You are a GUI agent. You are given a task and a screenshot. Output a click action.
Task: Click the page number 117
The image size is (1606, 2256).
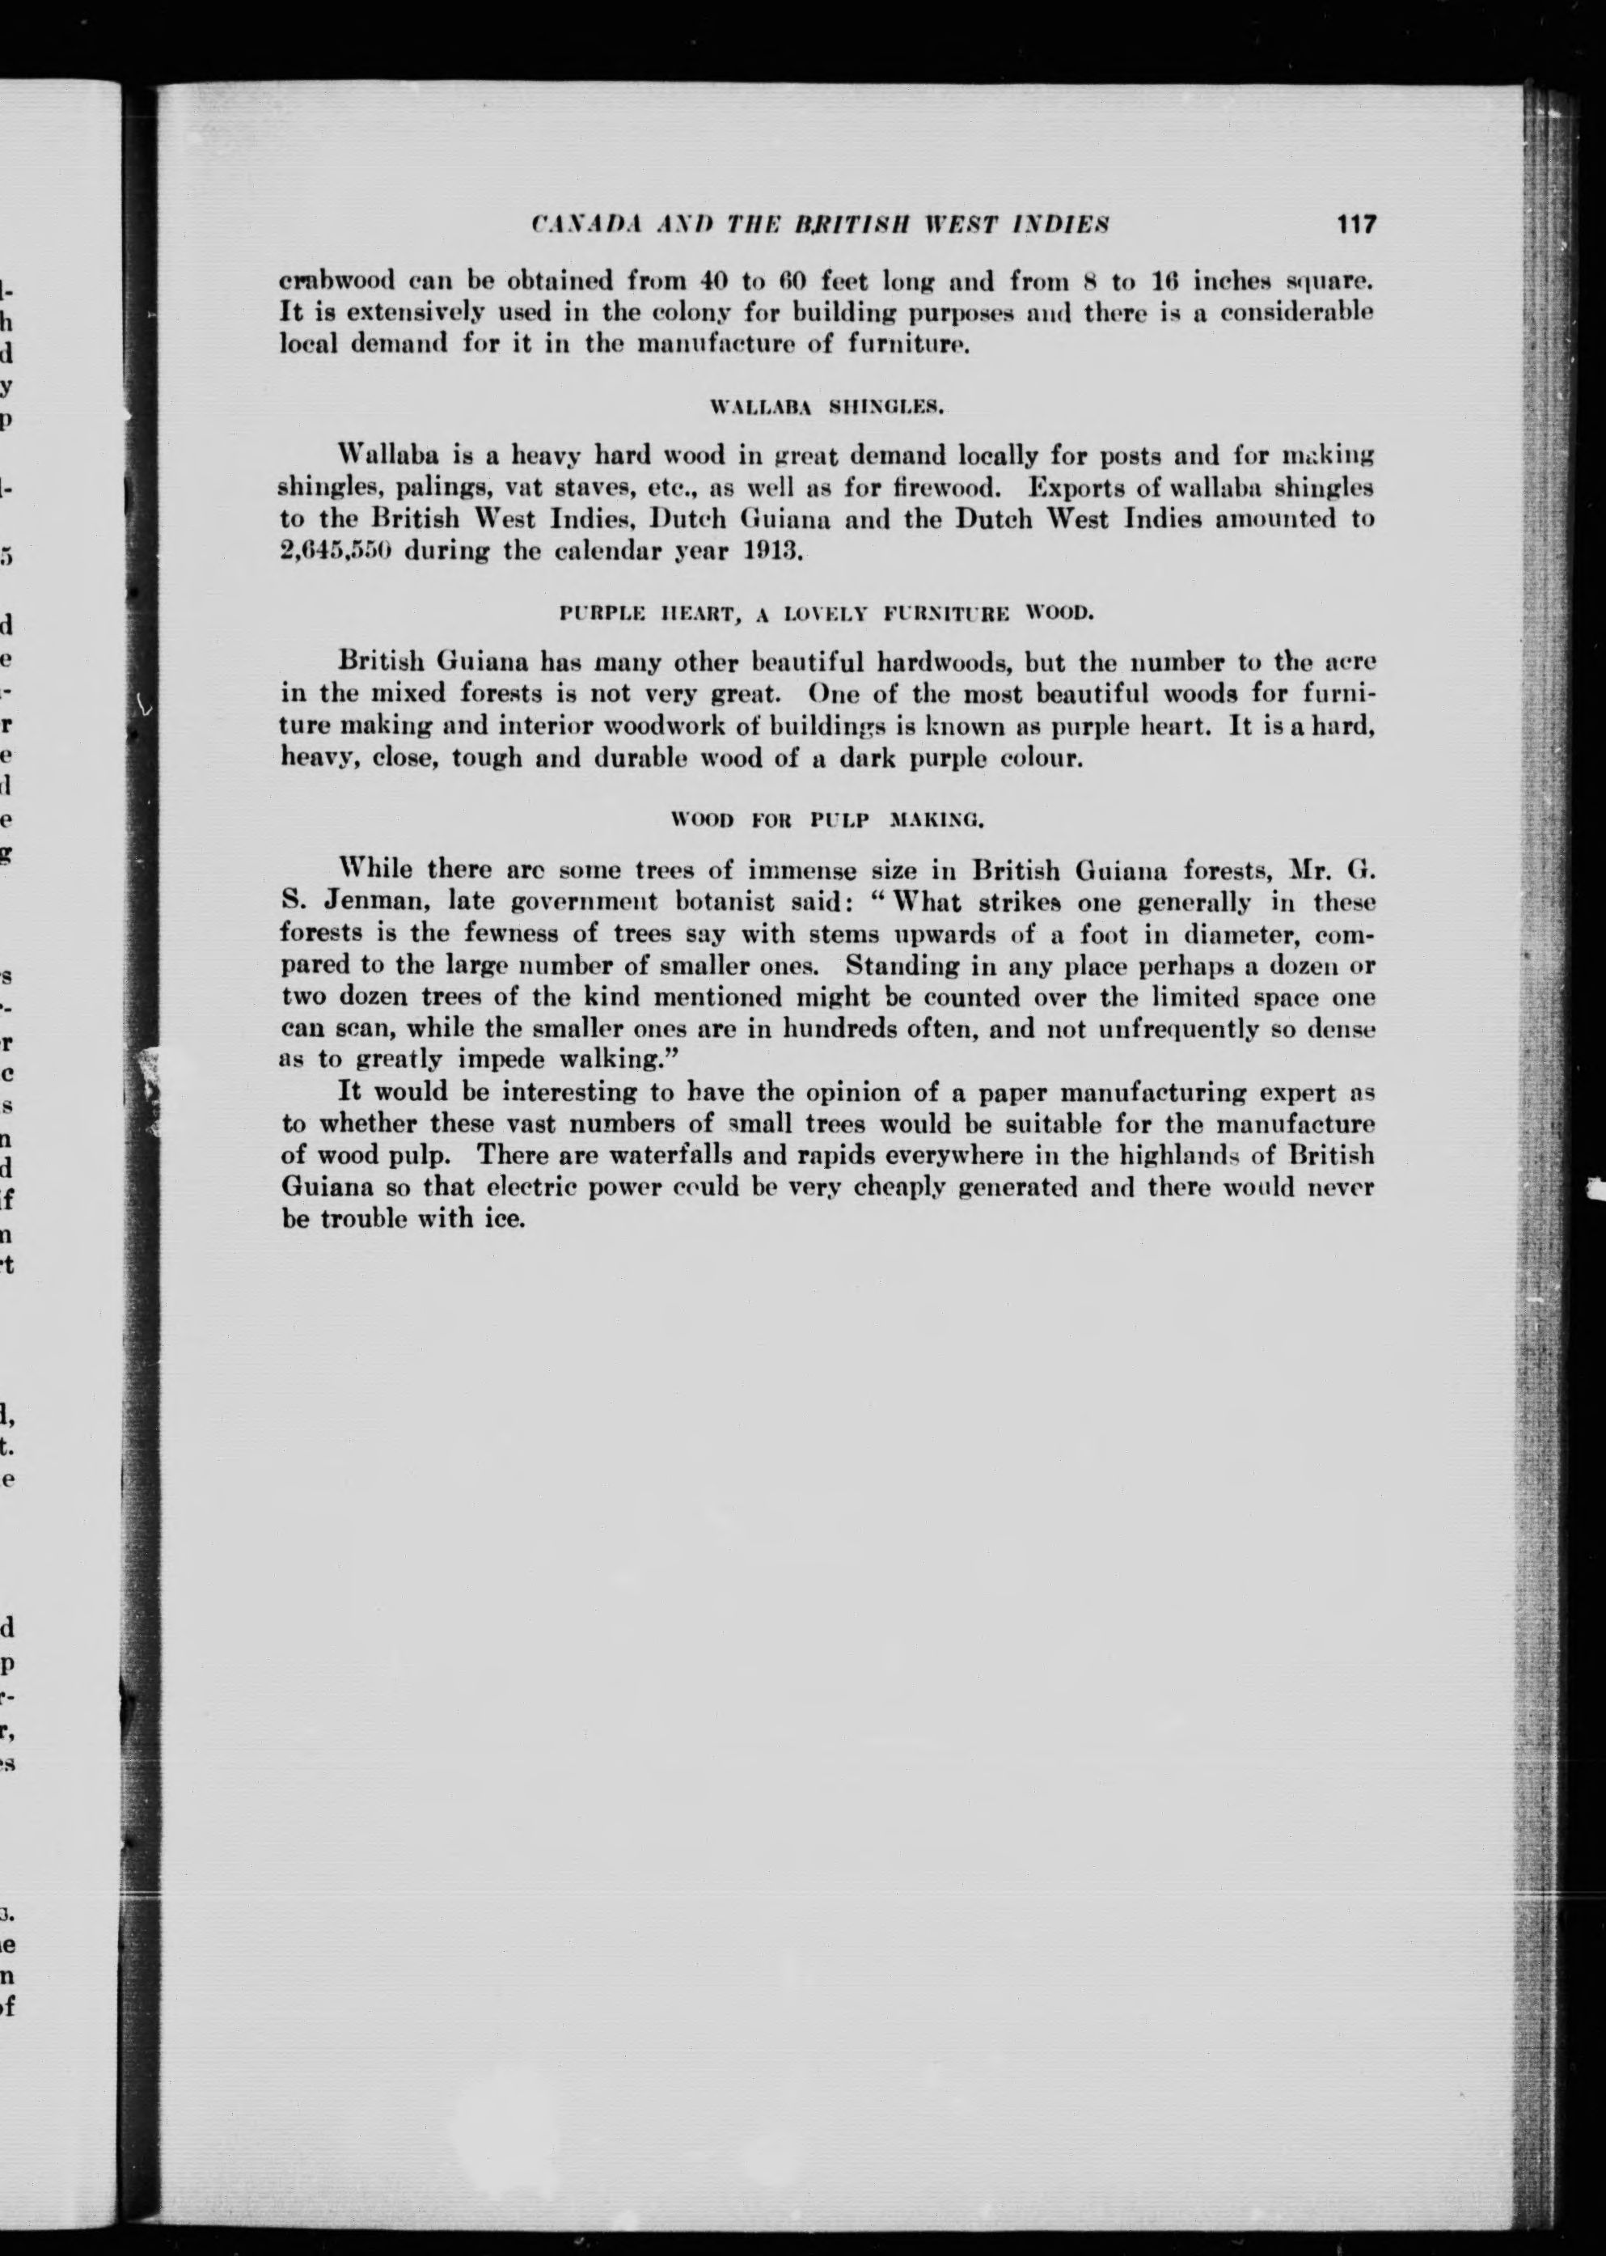pos(1355,225)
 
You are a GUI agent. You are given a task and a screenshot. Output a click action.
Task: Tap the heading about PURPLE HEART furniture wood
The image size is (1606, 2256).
pos(826,613)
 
